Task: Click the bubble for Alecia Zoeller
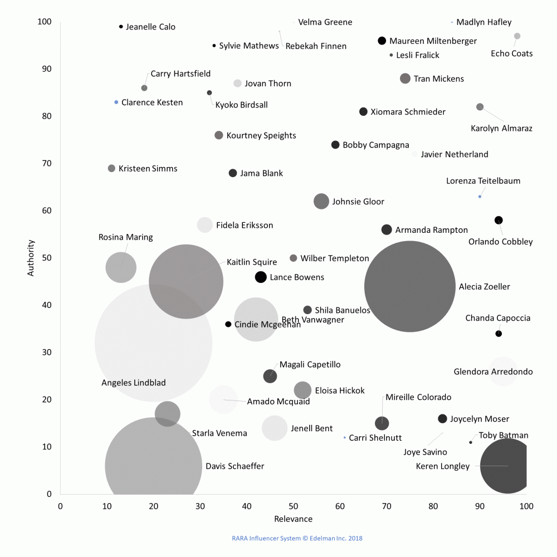[x=410, y=286]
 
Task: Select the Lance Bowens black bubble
[x=261, y=277]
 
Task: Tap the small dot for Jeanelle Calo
[x=121, y=27]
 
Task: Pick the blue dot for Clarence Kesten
[x=116, y=102]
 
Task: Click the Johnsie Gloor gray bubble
[x=321, y=202]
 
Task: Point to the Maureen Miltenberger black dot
[x=382, y=41]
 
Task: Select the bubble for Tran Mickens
[x=405, y=79]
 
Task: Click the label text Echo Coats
[x=511, y=53]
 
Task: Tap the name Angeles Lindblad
[x=134, y=383]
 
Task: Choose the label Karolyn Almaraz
[x=501, y=128]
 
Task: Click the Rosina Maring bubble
[x=121, y=267]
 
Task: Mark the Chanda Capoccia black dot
[x=499, y=334]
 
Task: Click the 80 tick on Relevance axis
[x=433, y=506]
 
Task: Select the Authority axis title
[x=31, y=258]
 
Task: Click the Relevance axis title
[x=293, y=519]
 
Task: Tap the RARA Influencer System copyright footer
[x=297, y=538]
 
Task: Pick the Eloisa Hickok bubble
[x=302, y=390]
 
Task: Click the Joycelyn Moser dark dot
[x=443, y=419]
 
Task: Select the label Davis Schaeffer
[x=235, y=466]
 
